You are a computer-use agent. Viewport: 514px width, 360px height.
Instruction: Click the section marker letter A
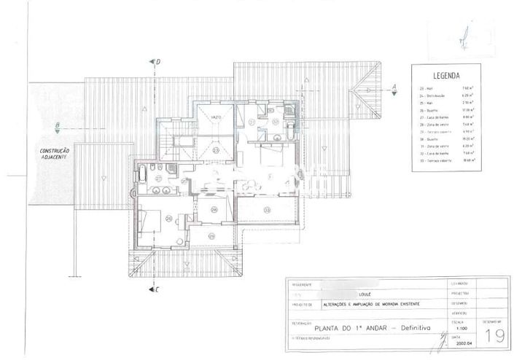[x=394, y=86]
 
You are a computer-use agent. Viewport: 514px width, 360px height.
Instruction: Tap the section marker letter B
[x=56, y=125]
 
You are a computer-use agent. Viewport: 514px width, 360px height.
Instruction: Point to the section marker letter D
[x=157, y=63]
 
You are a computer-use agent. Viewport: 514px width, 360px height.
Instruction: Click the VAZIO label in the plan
[x=217, y=117]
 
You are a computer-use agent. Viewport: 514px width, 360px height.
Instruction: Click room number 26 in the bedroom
[x=168, y=217]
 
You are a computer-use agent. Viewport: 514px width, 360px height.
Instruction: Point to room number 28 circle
[x=214, y=210]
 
